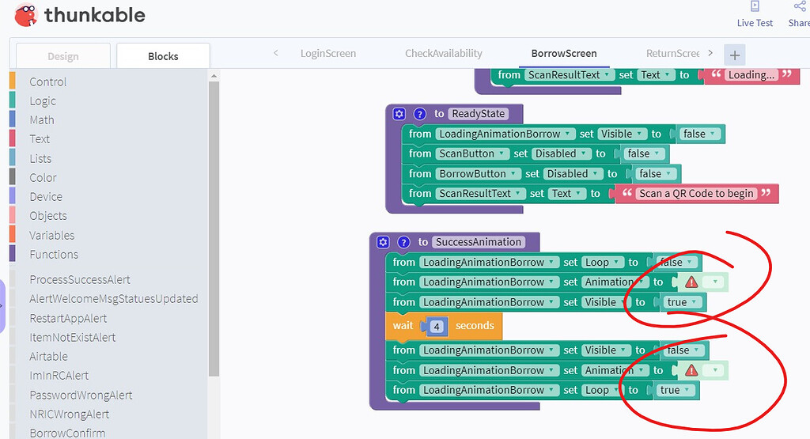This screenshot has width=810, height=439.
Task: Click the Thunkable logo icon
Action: click(26, 14)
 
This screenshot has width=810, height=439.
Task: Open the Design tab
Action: click(62, 56)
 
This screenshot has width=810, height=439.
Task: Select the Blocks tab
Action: click(163, 56)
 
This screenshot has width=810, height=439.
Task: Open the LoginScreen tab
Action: click(328, 54)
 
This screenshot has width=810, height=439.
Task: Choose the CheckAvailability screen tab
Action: click(443, 54)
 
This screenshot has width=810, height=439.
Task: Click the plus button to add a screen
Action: click(735, 55)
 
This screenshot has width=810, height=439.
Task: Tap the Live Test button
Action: click(755, 14)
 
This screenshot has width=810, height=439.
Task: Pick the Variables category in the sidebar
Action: click(51, 235)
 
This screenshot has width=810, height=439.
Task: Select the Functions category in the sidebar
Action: click(54, 254)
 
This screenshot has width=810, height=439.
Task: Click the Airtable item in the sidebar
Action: click(48, 357)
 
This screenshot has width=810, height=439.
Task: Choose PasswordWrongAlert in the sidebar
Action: click(81, 395)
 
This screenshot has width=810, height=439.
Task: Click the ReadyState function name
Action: click(478, 114)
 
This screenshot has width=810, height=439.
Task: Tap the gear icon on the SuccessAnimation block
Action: click(384, 242)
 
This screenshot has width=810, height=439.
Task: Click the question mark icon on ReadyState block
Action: click(420, 114)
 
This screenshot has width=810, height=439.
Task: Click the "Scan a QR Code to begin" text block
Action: click(696, 194)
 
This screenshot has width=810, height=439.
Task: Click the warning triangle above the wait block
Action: click(691, 282)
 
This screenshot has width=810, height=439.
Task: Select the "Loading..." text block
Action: click(750, 75)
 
